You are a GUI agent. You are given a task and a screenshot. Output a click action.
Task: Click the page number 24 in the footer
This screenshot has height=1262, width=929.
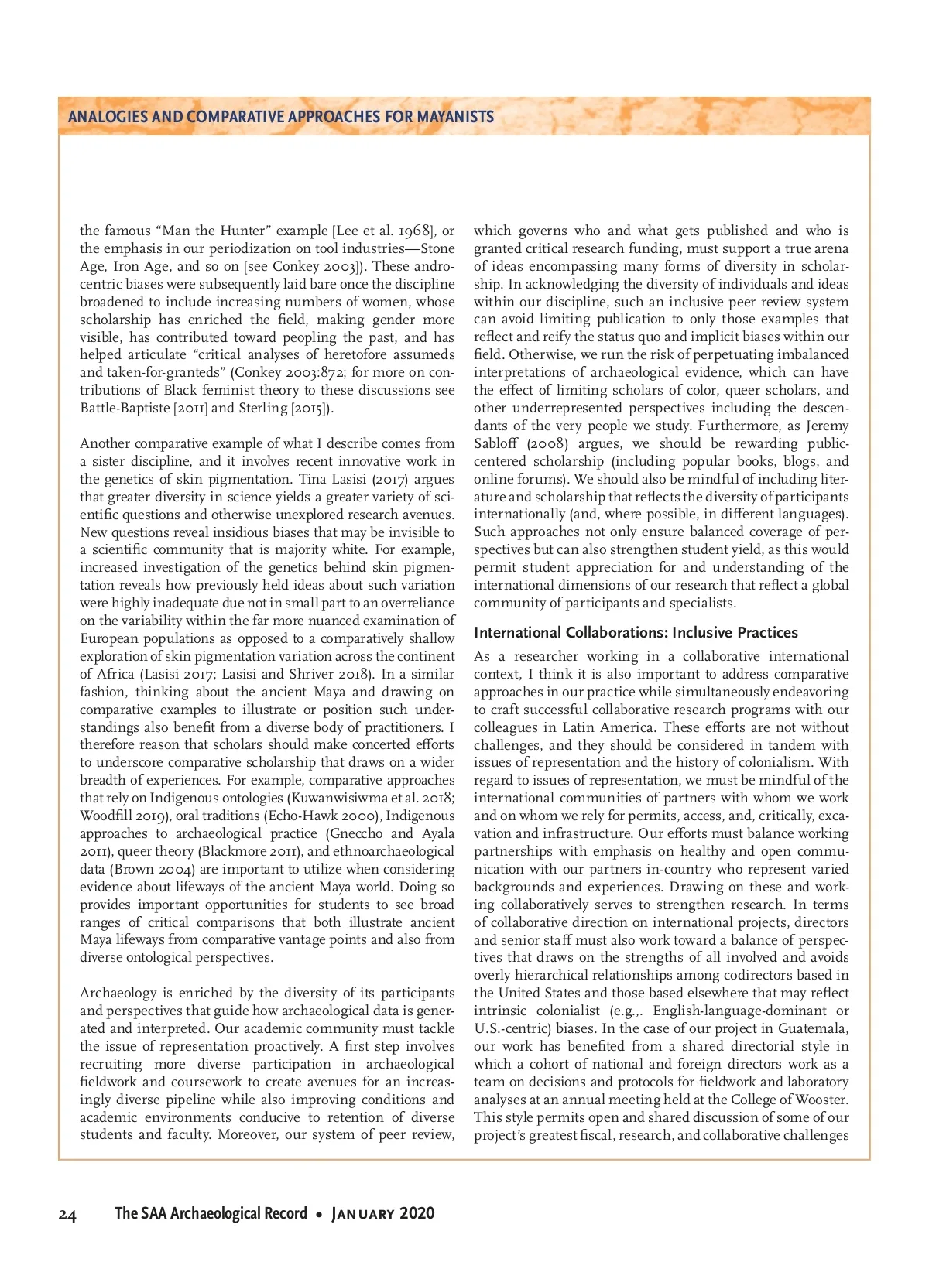(x=67, y=1215)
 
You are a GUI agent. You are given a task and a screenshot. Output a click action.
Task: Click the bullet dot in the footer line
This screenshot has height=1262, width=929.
(x=319, y=1214)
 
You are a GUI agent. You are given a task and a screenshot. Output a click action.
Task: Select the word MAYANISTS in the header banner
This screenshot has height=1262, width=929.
(x=455, y=117)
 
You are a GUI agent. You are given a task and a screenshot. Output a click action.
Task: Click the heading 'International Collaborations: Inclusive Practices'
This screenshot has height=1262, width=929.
(x=636, y=632)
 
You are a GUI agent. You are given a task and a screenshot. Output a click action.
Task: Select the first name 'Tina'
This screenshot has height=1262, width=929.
(x=313, y=479)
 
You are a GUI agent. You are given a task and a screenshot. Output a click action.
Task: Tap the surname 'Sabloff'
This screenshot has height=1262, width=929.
(x=498, y=443)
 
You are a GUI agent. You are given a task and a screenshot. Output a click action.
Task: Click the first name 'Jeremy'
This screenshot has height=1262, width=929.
(x=827, y=426)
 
